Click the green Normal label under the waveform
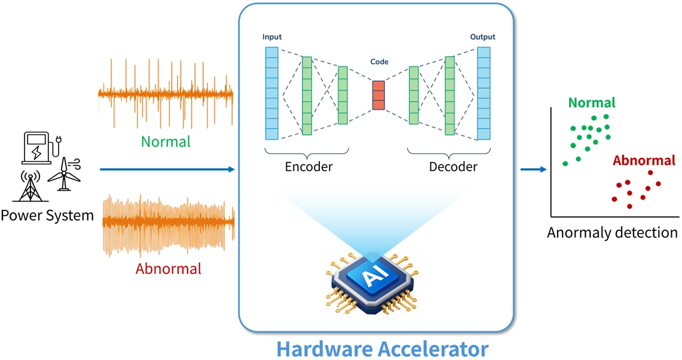pyautogui.click(x=166, y=142)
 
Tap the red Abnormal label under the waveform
pyautogui.click(x=168, y=269)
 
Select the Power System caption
pyautogui.click(x=47, y=215)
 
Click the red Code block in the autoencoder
pyautogui.click(x=378, y=95)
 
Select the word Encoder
pyautogui.click(x=308, y=167)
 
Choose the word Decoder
pyautogui.click(x=453, y=167)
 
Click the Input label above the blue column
pyautogui.click(x=272, y=37)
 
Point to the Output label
pyautogui.click(x=482, y=37)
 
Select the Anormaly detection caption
pyautogui.click(x=612, y=233)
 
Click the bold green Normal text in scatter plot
pyautogui.click(x=592, y=103)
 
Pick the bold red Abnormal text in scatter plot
pyautogui.click(x=644, y=161)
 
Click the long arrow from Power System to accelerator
pyautogui.click(x=167, y=170)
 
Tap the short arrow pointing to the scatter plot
pyautogui.click(x=534, y=170)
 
